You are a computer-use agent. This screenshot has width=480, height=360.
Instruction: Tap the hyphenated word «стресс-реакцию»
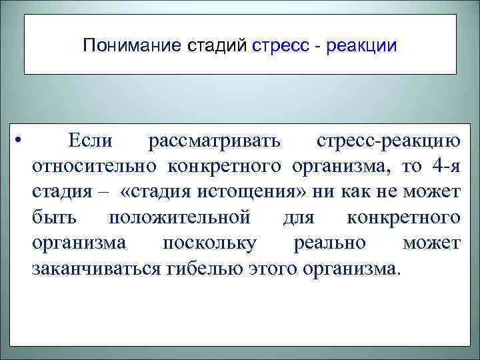[x=388, y=140]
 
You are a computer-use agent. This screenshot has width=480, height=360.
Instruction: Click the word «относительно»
[x=95, y=166]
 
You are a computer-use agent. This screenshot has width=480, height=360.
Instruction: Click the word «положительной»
[x=179, y=218]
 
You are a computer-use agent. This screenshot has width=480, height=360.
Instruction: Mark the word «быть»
[x=53, y=218]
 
